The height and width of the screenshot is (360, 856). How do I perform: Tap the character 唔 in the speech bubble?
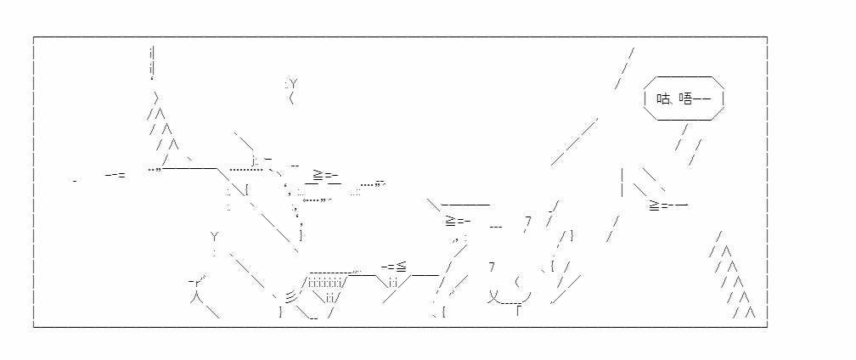tap(685, 98)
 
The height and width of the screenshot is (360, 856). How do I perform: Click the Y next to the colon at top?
tap(294, 84)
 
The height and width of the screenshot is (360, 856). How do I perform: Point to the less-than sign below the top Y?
tap(291, 98)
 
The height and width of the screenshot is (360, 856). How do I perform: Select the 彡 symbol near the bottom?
tap(292, 297)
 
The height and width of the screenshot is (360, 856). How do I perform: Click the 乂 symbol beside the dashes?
tap(494, 297)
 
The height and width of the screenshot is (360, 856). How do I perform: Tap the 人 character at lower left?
tap(196, 297)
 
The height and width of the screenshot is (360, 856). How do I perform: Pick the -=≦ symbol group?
tap(394, 267)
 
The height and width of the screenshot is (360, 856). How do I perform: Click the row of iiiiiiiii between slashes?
tap(325, 283)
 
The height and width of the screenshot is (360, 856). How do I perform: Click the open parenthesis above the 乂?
tap(517, 283)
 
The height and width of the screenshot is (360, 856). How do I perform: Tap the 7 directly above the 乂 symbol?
tap(492, 267)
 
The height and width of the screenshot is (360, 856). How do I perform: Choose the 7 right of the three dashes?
tap(528, 221)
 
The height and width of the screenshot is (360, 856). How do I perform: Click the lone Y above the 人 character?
tap(215, 237)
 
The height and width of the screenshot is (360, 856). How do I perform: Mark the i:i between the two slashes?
tap(392, 283)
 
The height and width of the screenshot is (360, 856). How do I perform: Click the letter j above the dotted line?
tap(254, 161)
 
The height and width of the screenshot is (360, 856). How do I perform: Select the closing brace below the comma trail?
tap(301, 236)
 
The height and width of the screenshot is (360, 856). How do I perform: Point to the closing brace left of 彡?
tap(280, 312)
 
